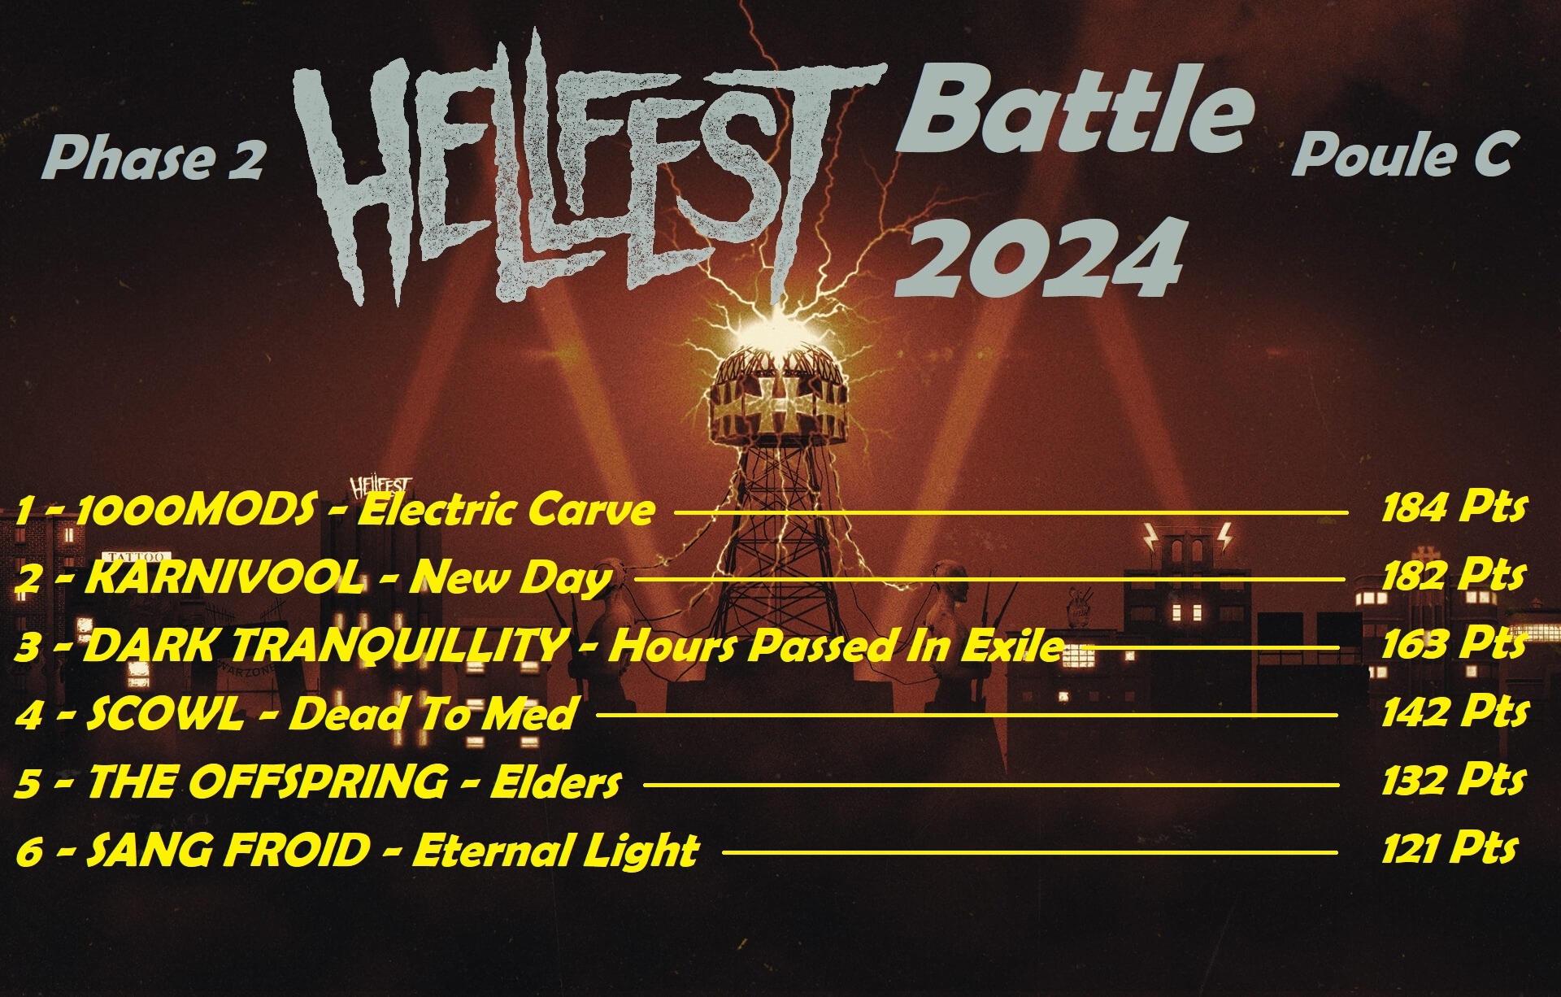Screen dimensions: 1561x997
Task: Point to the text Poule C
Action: click(1402, 154)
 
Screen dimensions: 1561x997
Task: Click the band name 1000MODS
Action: click(195, 510)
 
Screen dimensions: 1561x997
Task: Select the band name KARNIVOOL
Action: click(224, 578)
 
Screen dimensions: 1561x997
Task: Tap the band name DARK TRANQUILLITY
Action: click(324, 647)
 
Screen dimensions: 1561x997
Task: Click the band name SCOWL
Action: click(163, 715)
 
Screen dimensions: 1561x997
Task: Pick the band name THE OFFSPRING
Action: click(267, 782)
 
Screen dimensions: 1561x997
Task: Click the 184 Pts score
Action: click(1453, 508)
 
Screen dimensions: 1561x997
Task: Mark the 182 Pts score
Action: click(1453, 576)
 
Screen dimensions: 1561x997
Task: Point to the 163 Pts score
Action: click(1453, 644)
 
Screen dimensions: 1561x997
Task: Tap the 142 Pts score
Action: click(1454, 712)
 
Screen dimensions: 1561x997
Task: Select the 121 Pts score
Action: click(1449, 849)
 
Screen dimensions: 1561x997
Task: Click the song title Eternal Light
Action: click(555, 851)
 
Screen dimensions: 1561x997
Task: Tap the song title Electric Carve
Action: click(506, 510)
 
